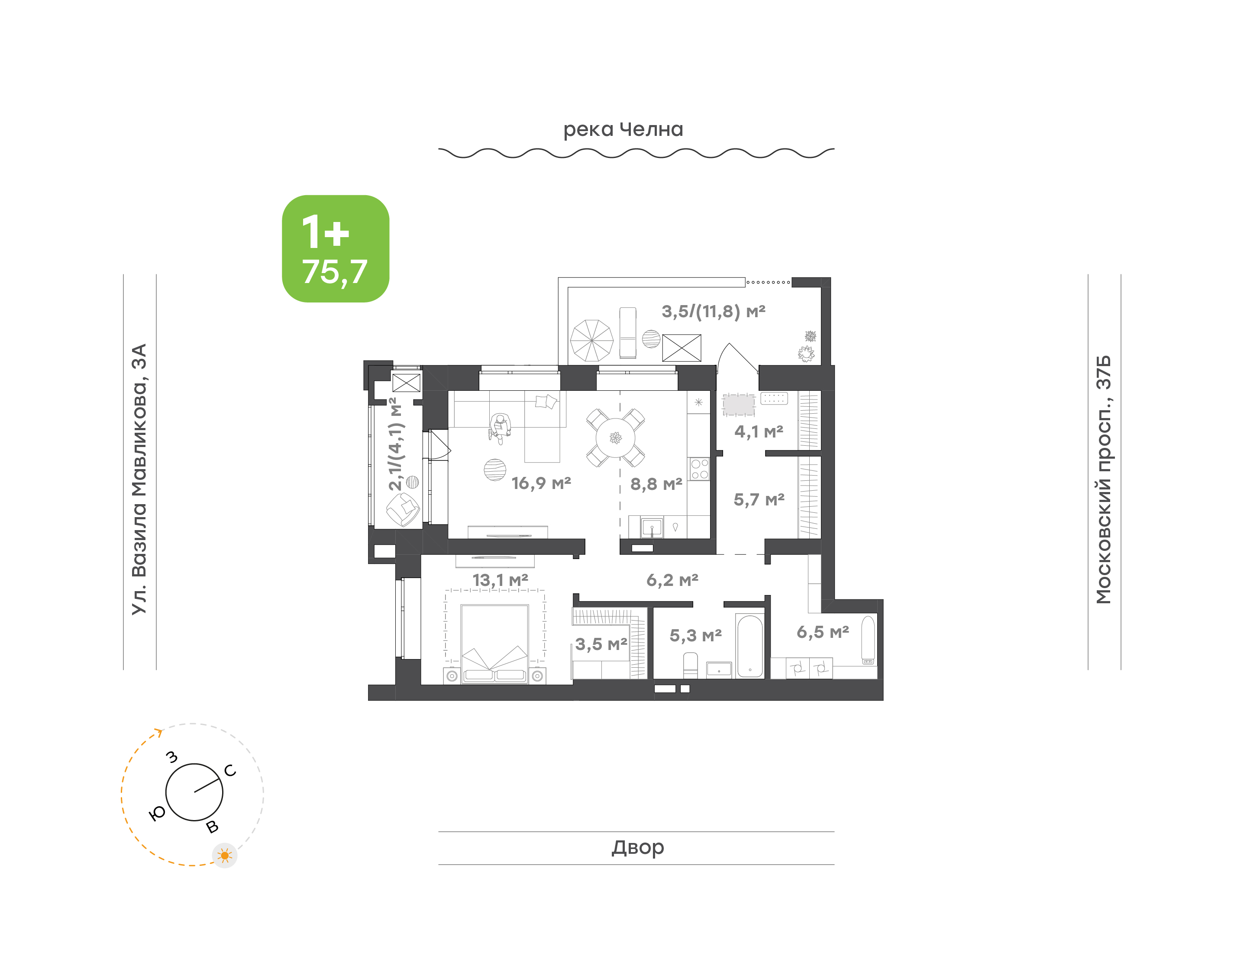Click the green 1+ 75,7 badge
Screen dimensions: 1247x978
[x=335, y=248]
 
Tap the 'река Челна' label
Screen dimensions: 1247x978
[x=623, y=130]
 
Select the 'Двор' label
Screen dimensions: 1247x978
[x=637, y=847]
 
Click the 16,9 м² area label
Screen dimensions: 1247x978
[x=541, y=483]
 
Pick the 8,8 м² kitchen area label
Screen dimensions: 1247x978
[x=656, y=484]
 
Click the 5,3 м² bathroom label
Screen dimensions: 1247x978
[x=695, y=636]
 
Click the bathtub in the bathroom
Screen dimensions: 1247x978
[x=750, y=646]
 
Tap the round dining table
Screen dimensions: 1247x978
[x=615, y=438]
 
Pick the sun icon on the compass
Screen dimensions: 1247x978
[x=225, y=856]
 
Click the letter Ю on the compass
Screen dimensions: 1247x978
[x=157, y=813]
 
